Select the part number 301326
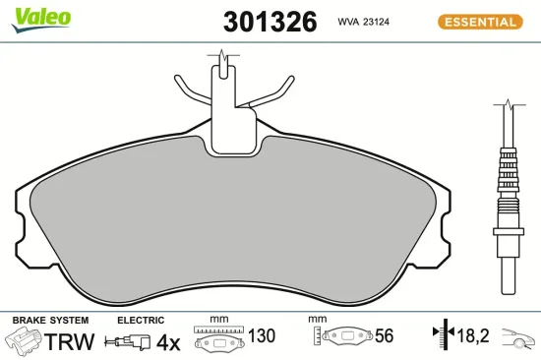(258, 22)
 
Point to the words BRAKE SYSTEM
(50, 321)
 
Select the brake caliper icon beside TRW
(24, 341)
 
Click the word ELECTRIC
(140, 321)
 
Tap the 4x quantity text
(168, 341)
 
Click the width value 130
(261, 336)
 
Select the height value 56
(384, 336)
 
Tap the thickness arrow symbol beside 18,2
(441, 336)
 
